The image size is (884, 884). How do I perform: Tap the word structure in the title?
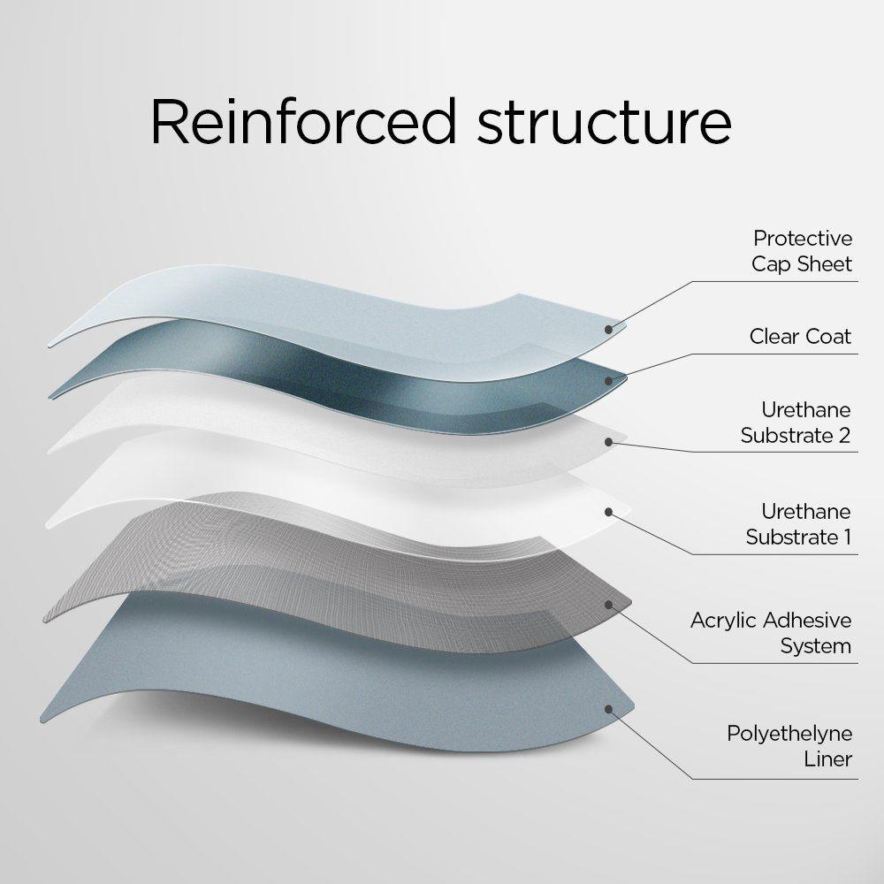pos(605,124)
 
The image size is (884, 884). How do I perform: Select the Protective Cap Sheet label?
pos(802,251)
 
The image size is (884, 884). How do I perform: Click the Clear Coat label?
pos(800,336)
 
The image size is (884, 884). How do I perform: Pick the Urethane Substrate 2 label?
pos(796,423)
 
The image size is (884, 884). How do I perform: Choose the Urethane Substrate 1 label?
pos(797,524)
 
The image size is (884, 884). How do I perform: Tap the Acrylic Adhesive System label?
pos(771,633)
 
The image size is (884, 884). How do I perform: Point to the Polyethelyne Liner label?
pos(789,746)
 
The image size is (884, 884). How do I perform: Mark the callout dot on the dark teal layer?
pos(609,381)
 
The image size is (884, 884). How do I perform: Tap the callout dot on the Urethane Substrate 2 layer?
pos(609,440)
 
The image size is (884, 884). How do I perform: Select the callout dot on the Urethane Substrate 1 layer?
pos(609,510)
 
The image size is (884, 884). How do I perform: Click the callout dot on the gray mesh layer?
pos(609,605)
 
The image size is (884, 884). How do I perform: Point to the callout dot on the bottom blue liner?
pos(609,707)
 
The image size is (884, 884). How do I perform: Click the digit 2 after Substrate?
pos(844,435)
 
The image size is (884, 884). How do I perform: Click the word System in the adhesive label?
pos(815,645)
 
